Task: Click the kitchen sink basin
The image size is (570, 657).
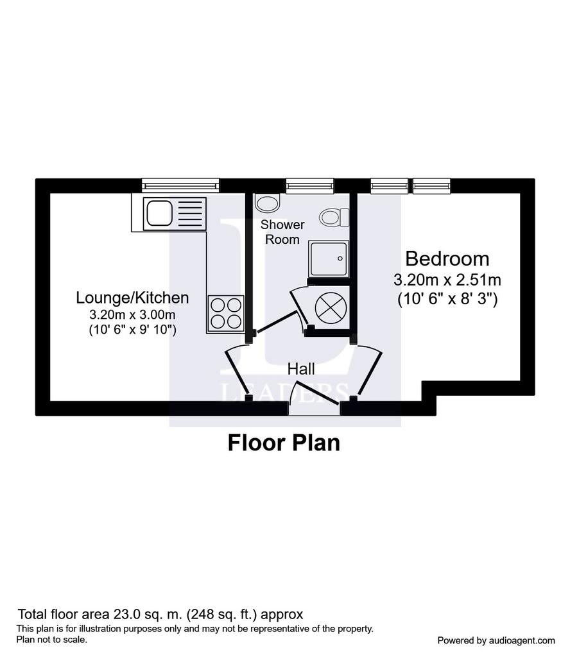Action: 158,213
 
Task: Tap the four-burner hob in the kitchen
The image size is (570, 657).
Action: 226,313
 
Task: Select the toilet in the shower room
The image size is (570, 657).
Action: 334,218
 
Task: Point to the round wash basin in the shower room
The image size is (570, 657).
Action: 268,203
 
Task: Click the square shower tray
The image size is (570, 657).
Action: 329,258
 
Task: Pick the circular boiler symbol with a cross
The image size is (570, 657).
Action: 331,308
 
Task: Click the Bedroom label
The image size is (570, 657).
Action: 447,259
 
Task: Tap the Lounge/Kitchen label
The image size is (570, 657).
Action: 132,298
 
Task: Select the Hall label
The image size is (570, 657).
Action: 301,369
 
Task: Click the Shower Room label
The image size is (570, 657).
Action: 282,232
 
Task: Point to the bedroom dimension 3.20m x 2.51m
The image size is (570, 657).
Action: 447,280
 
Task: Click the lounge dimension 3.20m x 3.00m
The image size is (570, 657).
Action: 132,314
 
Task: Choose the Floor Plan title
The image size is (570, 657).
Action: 284,443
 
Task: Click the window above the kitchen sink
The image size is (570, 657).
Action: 180,185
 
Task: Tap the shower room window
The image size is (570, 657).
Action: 310,185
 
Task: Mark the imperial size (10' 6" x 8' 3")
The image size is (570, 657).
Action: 447,299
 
